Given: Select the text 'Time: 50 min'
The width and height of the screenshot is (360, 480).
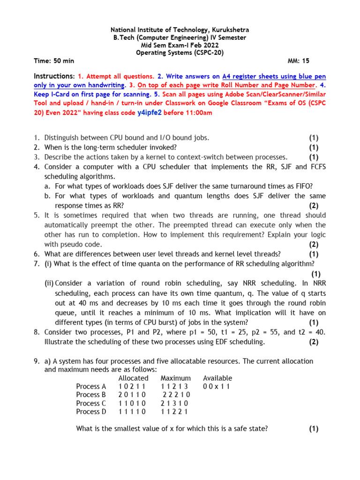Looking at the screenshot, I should pos(54,61).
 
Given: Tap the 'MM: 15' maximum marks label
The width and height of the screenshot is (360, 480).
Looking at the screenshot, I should pos(298,61).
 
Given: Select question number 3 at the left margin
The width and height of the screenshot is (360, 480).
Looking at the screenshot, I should pos(36,157).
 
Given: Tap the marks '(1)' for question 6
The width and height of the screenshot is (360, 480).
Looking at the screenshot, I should pos(314,254).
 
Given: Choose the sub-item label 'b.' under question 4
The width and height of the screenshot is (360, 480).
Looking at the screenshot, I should pos(47,196).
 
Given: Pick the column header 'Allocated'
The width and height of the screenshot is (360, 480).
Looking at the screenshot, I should pos(133,378).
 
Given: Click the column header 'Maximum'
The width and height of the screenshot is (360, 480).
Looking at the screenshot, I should pos(175,378).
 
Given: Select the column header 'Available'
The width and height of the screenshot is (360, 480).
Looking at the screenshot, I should pos(217,378).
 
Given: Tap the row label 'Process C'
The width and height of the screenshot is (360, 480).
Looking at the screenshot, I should pos(91,404).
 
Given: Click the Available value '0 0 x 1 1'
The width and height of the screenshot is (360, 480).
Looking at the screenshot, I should pos(217,387).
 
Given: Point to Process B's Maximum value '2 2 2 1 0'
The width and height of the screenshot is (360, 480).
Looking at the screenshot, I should pos(177,395).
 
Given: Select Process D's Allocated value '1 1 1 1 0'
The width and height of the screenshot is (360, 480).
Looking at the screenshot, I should pos(132,412).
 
